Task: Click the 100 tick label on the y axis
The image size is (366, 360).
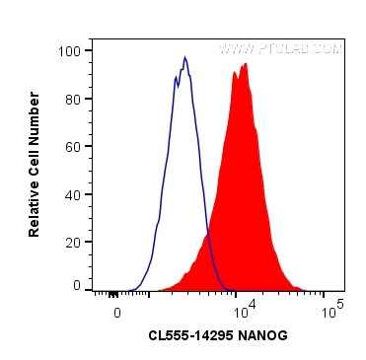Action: click(x=72, y=50)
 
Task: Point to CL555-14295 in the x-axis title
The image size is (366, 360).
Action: click(x=189, y=334)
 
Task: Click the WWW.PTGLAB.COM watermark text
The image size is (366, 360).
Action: click(x=279, y=48)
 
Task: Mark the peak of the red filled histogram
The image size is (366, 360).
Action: click(x=243, y=64)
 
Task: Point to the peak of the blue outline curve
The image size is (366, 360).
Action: click(x=184, y=57)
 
